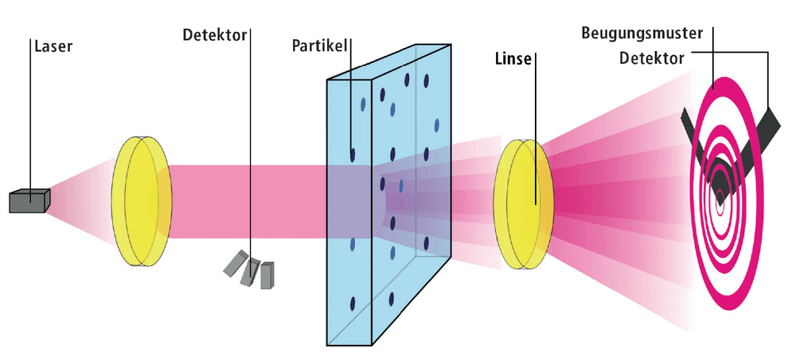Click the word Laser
tap(53, 47)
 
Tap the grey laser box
tap(30, 201)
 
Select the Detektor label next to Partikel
tap(215, 35)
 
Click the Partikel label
tap(319, 46)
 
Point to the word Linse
tap(512, 59)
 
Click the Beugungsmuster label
tap(642, 33)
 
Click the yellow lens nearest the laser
tap(142, 201)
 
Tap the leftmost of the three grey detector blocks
tap(236, 264)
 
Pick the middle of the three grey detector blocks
tap(250, 272)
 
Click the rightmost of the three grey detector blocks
tap(267, 276)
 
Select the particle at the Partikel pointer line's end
tap(353, 155)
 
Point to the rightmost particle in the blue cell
tap(437, 125)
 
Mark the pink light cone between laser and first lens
tap(81, 201)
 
